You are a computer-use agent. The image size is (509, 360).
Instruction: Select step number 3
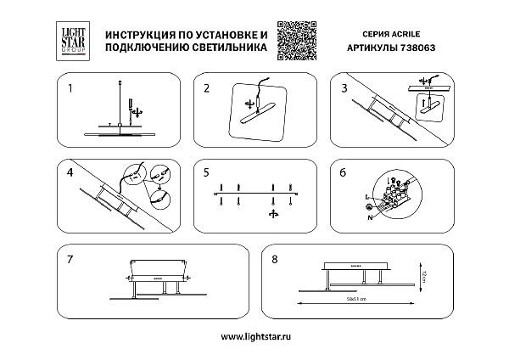pos(344,87)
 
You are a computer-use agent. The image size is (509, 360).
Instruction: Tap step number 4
pos(70,172)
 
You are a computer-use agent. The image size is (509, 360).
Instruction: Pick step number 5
pos(206,172)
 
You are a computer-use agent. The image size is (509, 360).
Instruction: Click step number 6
pos(343,172)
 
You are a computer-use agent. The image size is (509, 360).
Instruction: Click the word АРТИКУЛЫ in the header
pos(372,49)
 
